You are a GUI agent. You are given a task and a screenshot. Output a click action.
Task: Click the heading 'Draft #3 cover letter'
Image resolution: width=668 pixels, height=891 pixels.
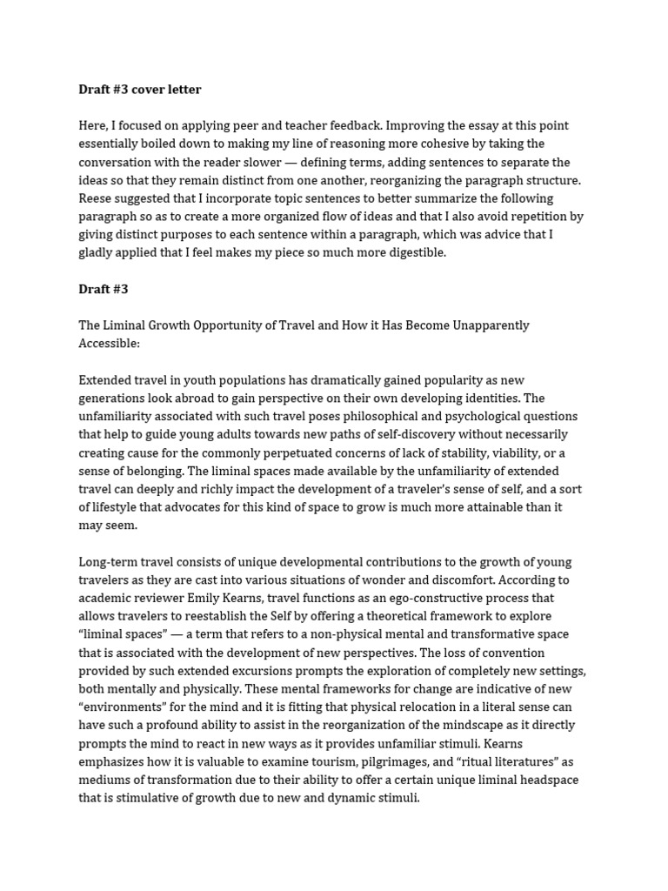139,90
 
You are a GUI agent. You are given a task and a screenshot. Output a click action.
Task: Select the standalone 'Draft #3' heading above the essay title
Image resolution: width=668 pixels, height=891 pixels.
103,289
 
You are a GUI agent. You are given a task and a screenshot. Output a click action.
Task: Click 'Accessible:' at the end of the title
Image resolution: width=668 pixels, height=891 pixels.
109,344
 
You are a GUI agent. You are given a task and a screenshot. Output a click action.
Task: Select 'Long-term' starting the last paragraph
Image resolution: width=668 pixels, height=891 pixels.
108,562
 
